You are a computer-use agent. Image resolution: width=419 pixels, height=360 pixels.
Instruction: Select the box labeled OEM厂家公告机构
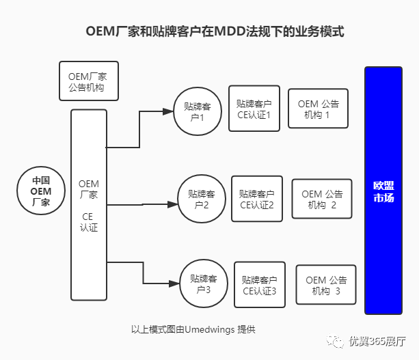point(89,81)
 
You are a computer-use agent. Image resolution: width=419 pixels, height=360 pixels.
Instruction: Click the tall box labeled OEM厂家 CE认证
point(89,205)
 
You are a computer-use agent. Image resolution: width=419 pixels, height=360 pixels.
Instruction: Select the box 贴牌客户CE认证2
point(257,199)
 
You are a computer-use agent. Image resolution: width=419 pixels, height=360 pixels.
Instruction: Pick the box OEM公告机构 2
point(322,199)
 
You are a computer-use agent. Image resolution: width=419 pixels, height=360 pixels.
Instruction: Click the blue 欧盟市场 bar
point(383,191)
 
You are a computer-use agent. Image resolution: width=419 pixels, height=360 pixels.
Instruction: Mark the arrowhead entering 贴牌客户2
point(172,204)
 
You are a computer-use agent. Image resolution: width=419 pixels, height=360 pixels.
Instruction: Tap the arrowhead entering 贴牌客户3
point(175,283)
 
